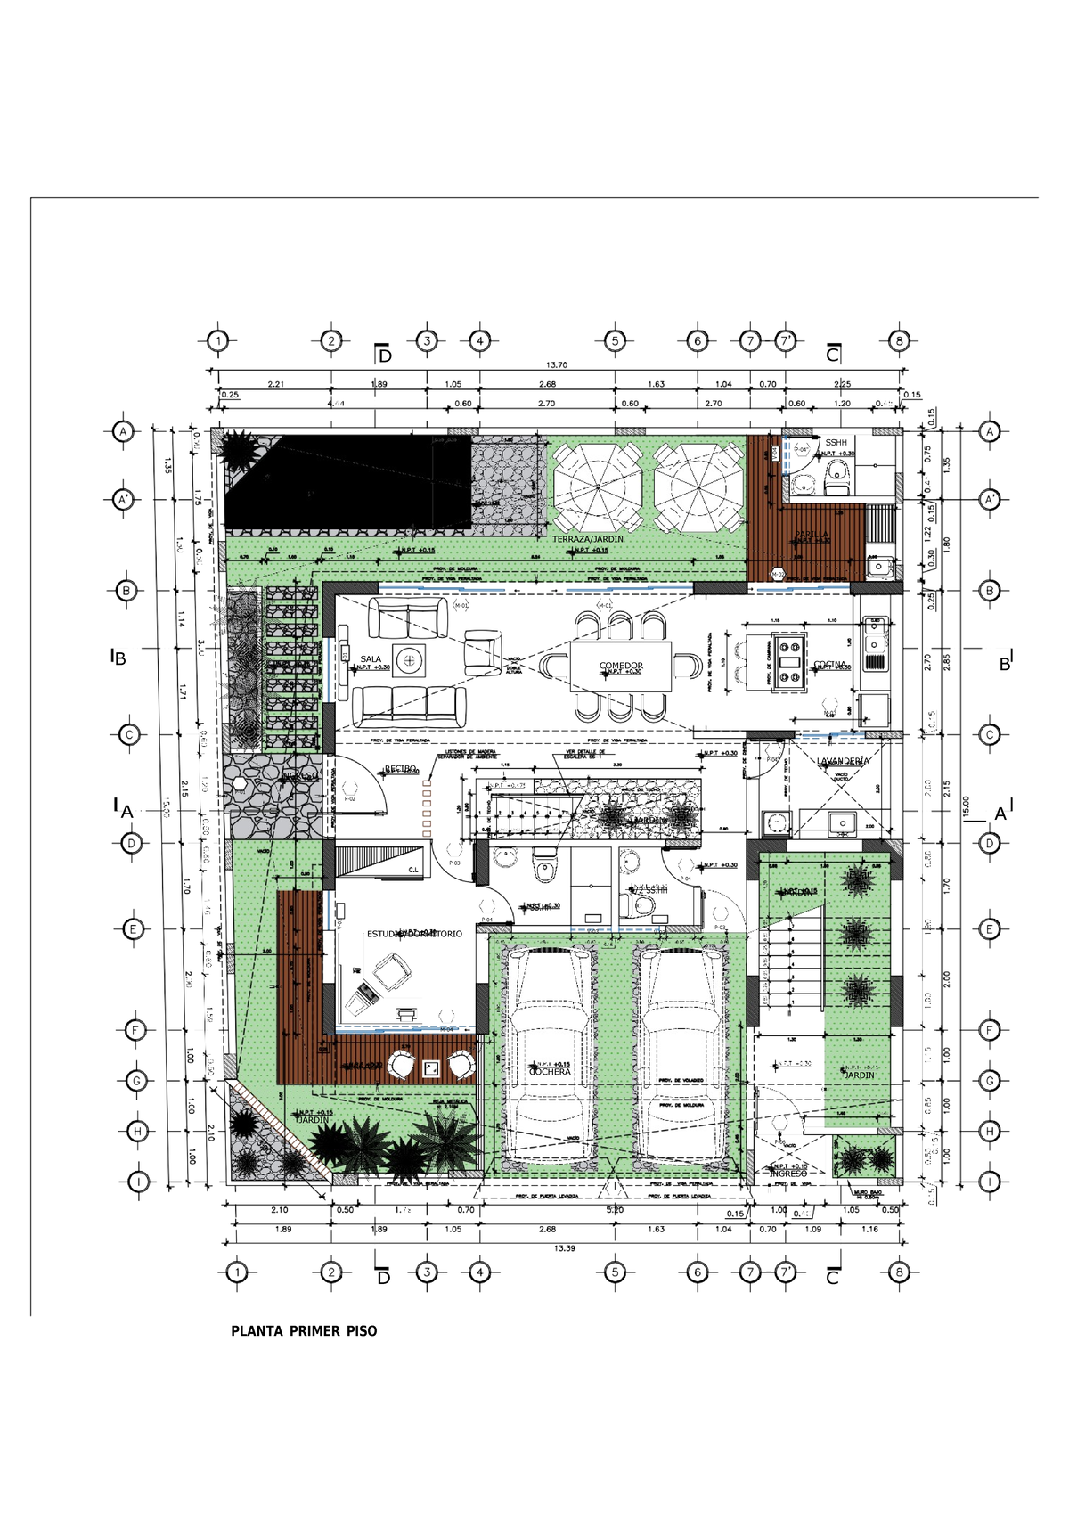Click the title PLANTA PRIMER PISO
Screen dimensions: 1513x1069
pos(304,1331)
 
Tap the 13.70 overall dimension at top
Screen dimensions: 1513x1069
pos(557,364)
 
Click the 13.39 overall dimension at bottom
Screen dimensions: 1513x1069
pos(564,1248)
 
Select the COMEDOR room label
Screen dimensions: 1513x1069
pos(621,666)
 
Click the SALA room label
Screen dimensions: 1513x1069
pos(371,659)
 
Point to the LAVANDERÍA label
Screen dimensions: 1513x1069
pos(843,761)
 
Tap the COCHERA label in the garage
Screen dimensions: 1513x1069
pos(550,1071)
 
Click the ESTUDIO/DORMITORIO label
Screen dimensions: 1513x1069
pos(414,934)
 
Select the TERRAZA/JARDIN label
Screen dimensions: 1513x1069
pos(588,539)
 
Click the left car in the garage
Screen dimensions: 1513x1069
pos(545,1056)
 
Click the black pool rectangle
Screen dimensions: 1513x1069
pos(347,481)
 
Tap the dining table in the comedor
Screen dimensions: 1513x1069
pos(621,667)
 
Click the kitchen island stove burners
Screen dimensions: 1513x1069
pos(789,662)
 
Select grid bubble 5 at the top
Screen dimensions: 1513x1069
pos(615,340)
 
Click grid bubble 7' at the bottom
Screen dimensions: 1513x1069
pos(786,1272)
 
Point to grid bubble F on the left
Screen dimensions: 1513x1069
pos(135,1031)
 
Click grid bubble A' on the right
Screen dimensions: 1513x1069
pos(989,500)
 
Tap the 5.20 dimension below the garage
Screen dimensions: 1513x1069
pos(615,1210)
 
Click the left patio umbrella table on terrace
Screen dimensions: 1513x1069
pos(597,487)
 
